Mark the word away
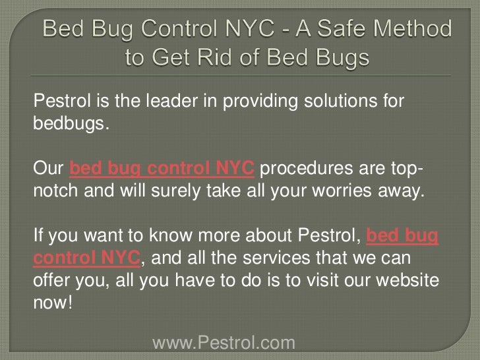(x=403, y=191)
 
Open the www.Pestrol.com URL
(x=224, y=343)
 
